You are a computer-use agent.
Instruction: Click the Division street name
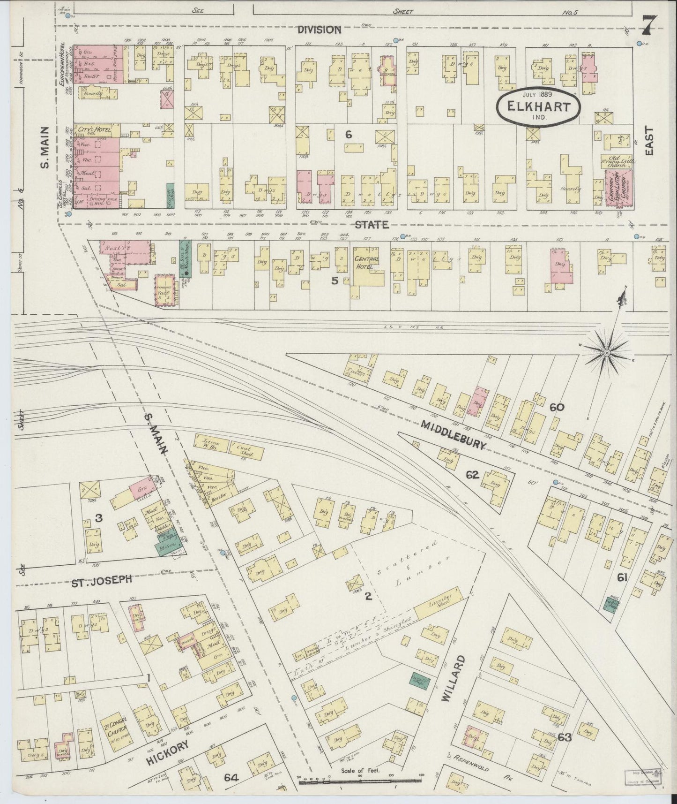(x=320, y=30)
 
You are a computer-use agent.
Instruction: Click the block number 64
(x=231, y=778)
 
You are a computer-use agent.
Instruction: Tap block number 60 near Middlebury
(x=557, y=407)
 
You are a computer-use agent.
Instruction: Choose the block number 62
(x=472, y=475)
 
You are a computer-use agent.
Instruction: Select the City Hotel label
(x=93, y=129)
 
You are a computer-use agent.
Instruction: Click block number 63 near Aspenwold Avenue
(x=565, y=737)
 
